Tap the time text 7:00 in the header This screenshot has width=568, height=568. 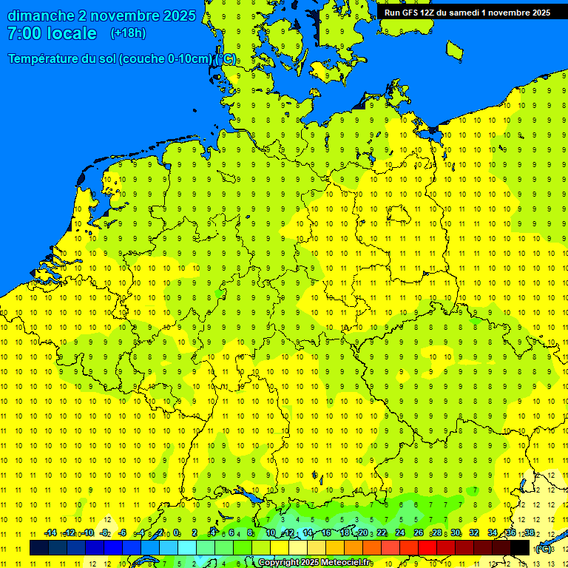click(24, 33)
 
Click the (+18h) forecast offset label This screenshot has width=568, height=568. click(128, 33)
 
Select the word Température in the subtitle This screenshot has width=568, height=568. click(45, 58)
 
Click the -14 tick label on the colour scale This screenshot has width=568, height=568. click(50, 533)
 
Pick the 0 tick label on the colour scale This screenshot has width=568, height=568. click(177, 533)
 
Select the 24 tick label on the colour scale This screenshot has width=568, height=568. click(399, 533)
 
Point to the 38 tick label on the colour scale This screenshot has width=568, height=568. click(530, 533)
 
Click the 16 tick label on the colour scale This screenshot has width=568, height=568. click(326, 533)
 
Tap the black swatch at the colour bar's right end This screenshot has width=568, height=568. click(520, 547)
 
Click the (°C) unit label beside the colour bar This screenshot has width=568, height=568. click(544, 548)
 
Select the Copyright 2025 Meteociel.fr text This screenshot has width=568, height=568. click(314, 563)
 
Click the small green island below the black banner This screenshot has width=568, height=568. click(455, 50)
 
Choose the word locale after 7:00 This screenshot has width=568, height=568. click(71, 33)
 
